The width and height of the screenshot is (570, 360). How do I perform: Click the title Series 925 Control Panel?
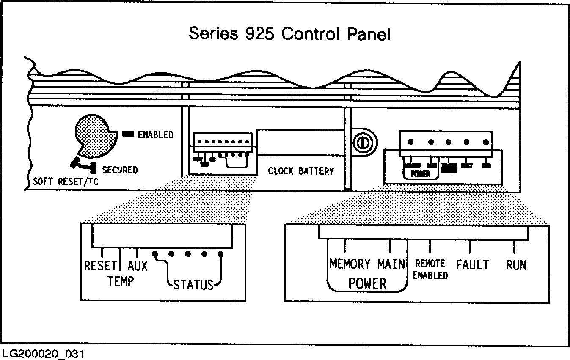(x=289, y=33)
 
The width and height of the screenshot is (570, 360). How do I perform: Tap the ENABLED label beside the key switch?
(x=156, y=135)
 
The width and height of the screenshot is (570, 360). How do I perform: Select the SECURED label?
(x=120, y=170)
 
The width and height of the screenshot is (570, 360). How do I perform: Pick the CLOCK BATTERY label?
(x=301, y=171)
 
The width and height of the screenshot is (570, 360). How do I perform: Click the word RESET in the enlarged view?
(x=100, y=266)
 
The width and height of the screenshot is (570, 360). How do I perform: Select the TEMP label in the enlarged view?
(x=121, y=281)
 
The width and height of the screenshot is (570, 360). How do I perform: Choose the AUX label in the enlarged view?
(x=138, y=266)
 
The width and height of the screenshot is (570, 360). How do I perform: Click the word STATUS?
(x=193, y=285)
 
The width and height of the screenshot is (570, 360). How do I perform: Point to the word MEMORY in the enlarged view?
(x=350, y=264)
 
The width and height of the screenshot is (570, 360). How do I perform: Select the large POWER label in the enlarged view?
(x=367, y=283)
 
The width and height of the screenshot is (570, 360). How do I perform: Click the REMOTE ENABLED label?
(x=430, y=269)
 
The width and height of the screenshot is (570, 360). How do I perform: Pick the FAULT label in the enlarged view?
(x=472, y=265)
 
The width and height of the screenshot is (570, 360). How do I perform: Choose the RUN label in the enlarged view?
(x=516, y=265)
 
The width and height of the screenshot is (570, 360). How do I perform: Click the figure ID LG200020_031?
(x=43, y=354)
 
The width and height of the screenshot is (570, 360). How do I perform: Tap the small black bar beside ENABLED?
(x=128, y=135)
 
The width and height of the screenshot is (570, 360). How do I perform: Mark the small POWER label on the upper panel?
(x=420, y=174)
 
